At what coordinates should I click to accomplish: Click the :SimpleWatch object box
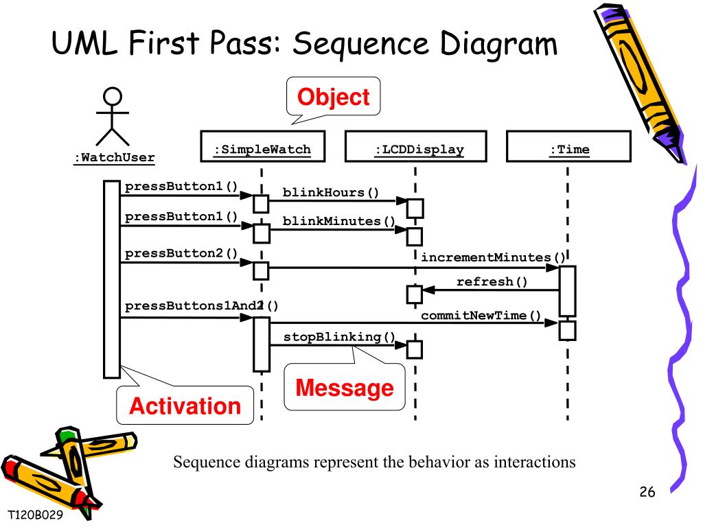coord(263,146)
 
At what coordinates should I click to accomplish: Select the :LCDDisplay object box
coord(415,146)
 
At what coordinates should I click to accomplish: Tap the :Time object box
coord(568,146)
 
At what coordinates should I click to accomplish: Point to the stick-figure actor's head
coord(112,96)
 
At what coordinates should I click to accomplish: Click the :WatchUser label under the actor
coord(115,158)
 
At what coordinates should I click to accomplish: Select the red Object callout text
coord(334,97)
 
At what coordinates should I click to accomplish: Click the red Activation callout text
coord(185,406)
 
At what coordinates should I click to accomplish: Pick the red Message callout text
coord(345,388)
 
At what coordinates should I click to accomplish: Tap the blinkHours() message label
coord(331,192)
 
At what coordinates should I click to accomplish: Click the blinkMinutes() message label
coord(339,221)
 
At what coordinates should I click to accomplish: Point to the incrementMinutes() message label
coord(493,257)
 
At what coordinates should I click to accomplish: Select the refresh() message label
coord(492,281)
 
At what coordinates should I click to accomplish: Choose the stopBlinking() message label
coord(339,337)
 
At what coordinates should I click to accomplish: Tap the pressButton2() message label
coord(181,253)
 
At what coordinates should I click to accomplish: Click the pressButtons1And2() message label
coord(202,306)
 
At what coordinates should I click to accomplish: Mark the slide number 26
coord(647,491)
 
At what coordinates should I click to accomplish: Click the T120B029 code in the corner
coord(36,515)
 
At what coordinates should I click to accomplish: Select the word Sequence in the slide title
coord(361,44)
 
